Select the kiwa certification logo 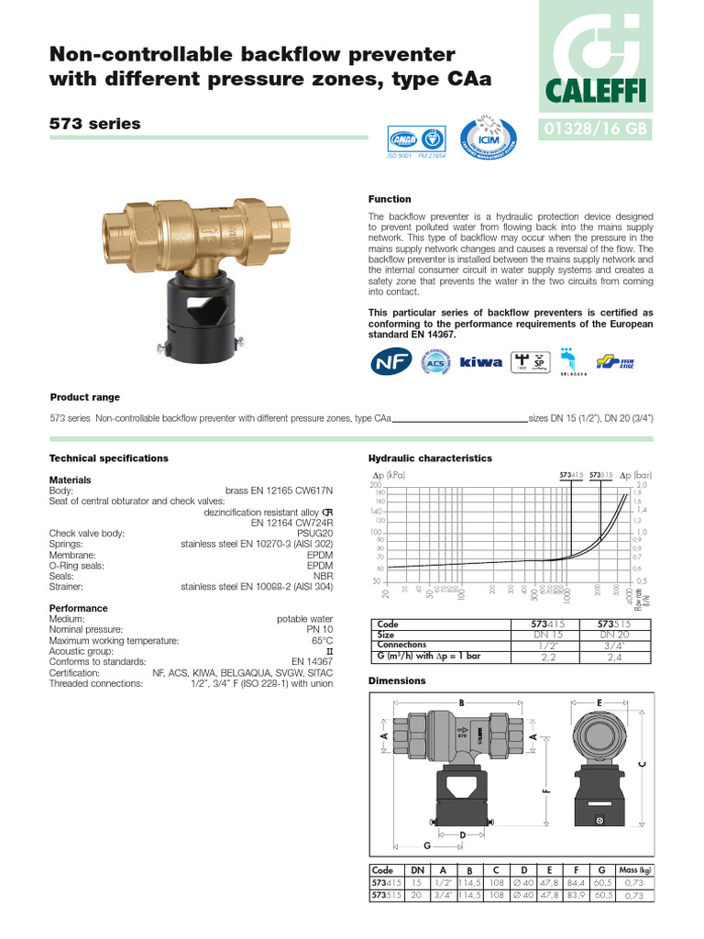(480, 362)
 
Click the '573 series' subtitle (95, 124)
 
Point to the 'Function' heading (390, 199)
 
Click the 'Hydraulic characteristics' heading (430, 458)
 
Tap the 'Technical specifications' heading (108, 458)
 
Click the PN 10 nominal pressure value (318, 630)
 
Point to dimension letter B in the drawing (462, 702)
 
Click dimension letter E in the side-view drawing (599, 701)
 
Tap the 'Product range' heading (84, 397)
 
